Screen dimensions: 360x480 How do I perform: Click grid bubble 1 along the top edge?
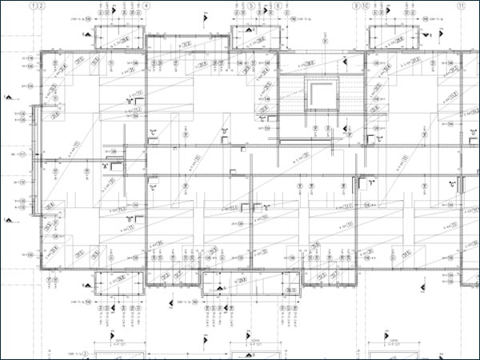point(31,5)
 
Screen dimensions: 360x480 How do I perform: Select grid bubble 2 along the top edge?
point(41,5)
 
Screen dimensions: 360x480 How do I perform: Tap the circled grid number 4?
point(146,5)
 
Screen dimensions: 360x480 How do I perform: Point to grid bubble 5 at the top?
point(250,5)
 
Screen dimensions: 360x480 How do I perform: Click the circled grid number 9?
point(355,5)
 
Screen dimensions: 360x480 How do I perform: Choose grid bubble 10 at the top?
point(365,5)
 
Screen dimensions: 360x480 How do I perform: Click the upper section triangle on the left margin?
point(8,97)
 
